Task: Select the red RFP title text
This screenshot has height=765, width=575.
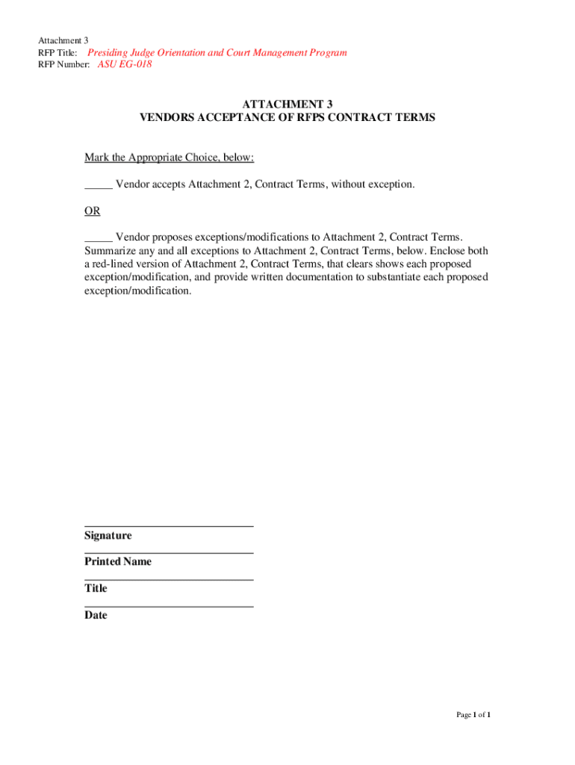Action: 217,52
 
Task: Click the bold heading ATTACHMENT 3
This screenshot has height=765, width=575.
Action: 287,105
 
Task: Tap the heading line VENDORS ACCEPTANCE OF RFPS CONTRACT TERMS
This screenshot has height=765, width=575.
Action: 287,118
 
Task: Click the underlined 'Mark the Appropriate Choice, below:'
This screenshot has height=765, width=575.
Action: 170,157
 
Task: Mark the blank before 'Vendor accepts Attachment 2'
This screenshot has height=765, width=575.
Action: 98,185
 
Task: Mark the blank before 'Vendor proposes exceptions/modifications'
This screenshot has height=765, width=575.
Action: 98,238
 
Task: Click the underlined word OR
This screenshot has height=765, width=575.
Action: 92,211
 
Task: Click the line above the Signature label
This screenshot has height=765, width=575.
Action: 169,527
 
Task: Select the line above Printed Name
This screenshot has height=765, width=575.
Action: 169,553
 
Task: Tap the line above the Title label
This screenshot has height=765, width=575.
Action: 169,580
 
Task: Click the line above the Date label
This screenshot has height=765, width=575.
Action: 169,607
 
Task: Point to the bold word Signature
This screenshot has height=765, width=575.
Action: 108,536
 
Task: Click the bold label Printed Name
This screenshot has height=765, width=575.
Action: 117,562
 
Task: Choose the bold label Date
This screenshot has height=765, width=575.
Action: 96,616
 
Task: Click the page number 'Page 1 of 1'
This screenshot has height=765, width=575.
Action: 473,715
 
